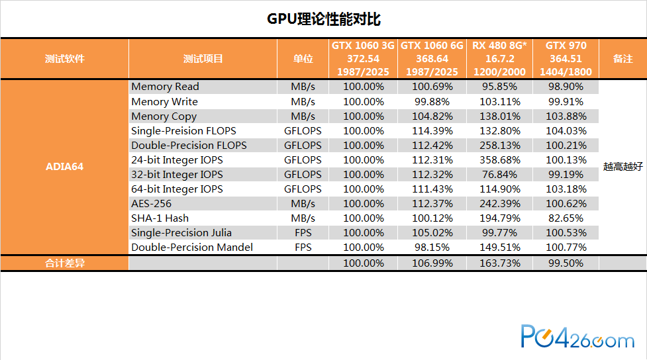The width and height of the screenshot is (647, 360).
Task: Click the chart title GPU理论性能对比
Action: [x=323, y=19]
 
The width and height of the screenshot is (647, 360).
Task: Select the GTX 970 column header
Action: [x=566, y=58]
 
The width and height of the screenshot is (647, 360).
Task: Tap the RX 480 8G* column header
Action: [x=499, y=58]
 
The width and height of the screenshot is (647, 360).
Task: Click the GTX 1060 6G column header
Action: [x=432, y=58]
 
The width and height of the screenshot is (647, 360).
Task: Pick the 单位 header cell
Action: [x=303, y=58]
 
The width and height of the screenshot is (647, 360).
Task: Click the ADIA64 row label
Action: [x=64, y=167]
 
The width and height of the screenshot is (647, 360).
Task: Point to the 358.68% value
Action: [x=500, y=160]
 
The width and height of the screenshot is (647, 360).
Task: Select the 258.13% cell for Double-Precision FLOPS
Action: [x=500, y=146]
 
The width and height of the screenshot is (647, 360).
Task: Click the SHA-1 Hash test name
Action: [x=160, y=218]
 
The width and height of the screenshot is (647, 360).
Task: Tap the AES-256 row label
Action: [x=151, y=204]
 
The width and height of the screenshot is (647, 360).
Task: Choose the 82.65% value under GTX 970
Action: [x=566, y=218]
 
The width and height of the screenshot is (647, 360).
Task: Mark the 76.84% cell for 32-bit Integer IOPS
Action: [x=500, y=175]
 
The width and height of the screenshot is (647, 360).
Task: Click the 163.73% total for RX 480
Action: [x=500, y=263]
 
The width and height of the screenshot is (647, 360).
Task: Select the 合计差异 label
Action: [x=64, y=263]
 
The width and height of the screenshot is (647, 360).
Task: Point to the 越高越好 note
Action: [x=622, y=167]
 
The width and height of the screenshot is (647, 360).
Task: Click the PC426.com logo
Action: [x=577, y=336]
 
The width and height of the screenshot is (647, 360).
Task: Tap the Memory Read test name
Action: [x=165, y=87]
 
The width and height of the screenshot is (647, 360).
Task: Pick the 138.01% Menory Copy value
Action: [x=500, y=116]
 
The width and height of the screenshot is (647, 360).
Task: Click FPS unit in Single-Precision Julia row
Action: [x=303, y=232]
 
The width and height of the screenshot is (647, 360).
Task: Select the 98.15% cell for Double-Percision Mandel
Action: [x=432, y=247]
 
